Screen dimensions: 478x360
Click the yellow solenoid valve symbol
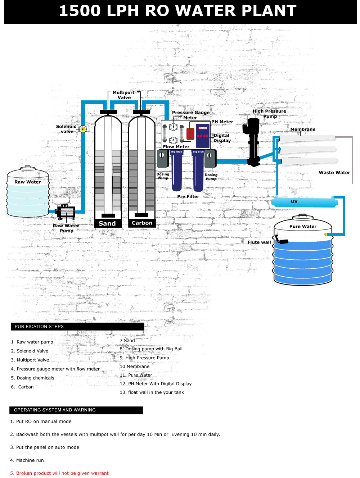tap(83, 129)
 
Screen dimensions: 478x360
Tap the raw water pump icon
tap(66, 212)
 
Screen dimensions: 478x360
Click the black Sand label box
tap(107, 223)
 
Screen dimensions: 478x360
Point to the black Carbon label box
tap(142, 223)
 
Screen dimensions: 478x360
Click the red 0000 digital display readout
tap(203, 128)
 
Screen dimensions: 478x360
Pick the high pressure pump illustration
tap(253, 142)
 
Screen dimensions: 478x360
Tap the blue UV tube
tap(304, 202)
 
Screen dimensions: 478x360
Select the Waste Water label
tap(334, 173)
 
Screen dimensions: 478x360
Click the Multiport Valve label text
tap(124, 95)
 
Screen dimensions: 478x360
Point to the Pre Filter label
tap(188, 196)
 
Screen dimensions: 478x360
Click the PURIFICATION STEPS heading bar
tap(77, 327)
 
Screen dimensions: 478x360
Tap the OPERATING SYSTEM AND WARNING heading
tap(76, 410)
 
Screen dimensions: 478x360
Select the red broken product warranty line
tap(59, 473)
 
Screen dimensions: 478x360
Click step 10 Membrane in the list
tap(135, 367)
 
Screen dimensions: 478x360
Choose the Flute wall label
tap(259, 242)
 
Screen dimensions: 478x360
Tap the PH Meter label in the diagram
tap(222, 122)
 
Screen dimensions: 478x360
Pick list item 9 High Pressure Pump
tap(144, 358)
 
